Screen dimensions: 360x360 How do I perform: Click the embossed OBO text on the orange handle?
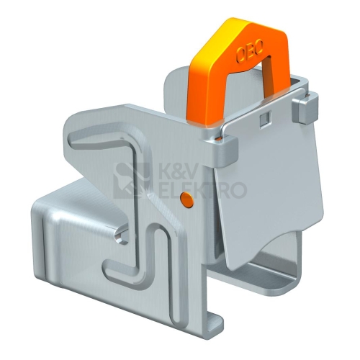251,51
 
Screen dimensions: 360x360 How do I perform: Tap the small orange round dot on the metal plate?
186,199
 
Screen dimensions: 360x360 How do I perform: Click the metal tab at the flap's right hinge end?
305,109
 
